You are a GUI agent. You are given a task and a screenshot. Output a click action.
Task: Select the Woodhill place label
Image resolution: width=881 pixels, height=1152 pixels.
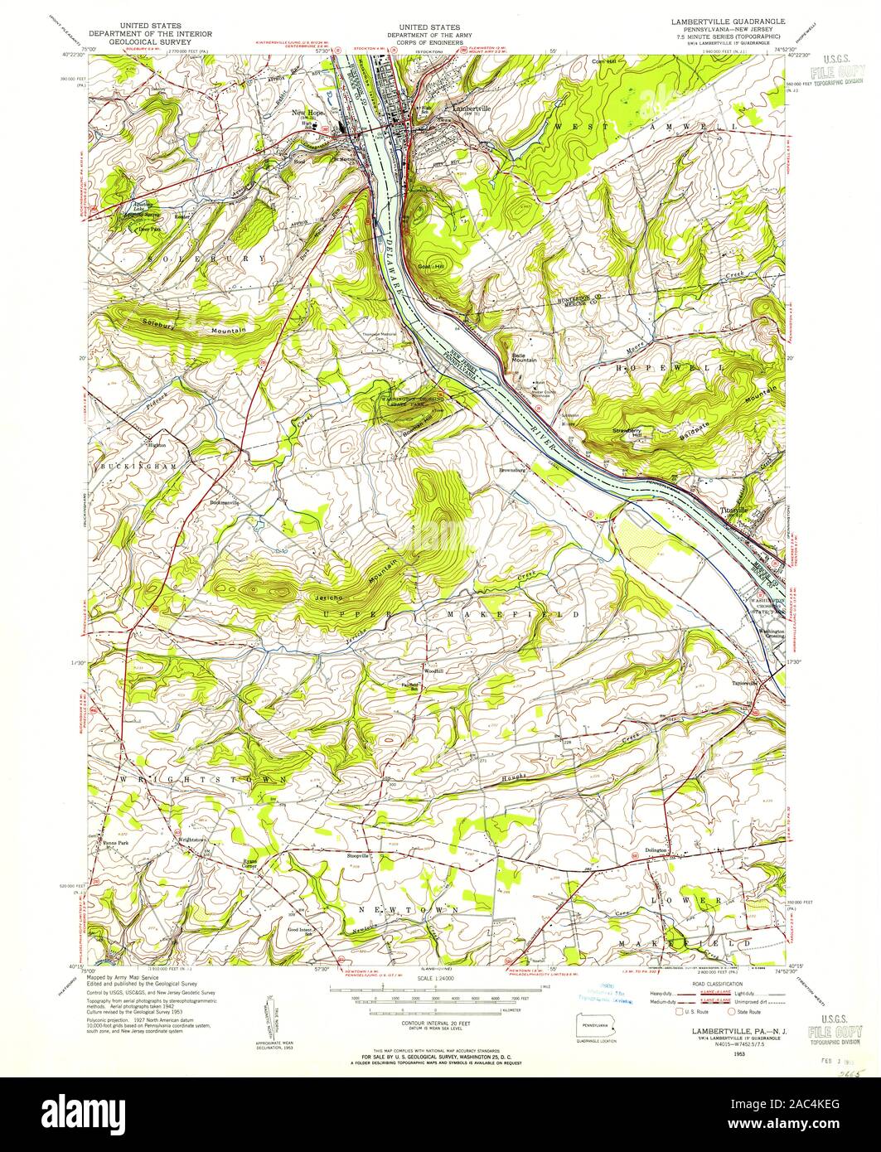point(435,671)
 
